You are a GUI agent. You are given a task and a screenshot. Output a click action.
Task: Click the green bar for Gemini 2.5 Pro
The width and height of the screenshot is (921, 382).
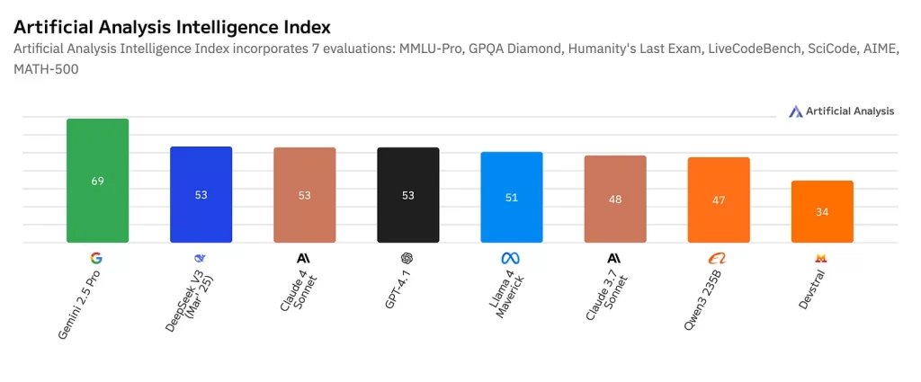pyautogui.click(x=97, y=181)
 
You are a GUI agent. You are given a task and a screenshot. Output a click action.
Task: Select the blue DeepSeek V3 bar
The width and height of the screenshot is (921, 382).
pyautogui.click(x=201, y=194)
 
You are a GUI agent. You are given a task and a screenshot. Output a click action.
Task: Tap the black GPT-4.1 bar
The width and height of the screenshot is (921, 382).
pyautogui.click(x=408, y=194)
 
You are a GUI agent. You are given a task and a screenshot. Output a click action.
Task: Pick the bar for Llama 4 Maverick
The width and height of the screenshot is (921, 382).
pyautogui.click(x=512, y=197)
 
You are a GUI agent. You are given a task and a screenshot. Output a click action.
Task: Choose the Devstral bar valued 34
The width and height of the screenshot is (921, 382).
pyautogui.click(x=822, y=211)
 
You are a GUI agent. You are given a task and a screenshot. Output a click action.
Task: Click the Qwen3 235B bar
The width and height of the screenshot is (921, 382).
pyautogui.click(x=719, y=200)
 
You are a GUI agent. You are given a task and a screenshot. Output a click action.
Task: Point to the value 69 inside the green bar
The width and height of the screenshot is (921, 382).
pyautogui.click(x=97, y=181)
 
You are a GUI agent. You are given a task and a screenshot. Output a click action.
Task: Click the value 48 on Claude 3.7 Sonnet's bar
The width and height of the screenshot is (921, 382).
pyautogui.click(x=615, y=200)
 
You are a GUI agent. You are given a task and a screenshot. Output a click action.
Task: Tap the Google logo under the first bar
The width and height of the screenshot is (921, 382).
pyautogui.click(x=96, y=258)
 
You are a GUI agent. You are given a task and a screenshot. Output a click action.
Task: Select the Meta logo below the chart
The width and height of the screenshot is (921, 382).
pyautogui.click(x=511, y=258)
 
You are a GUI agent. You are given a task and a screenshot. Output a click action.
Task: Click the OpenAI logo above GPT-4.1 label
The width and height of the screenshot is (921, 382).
pyautogui.click(x=407, y=258)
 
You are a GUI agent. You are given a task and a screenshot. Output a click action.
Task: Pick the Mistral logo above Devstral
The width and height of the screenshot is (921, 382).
pyautogui.click(x=821, y=258)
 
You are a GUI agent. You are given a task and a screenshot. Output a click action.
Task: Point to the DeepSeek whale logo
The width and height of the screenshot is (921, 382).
pyautogui.click(x=200, y=258)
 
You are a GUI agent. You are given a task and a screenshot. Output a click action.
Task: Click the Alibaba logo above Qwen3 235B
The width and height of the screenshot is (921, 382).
pyautogui.click(x=718, y=258)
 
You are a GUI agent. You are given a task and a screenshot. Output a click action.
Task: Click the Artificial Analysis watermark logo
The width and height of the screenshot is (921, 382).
pyautogui.click(x=795, y=111)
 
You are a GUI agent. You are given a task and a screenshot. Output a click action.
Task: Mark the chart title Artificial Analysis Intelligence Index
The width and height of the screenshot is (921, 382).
pyautogui.click(x=172, y=28)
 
